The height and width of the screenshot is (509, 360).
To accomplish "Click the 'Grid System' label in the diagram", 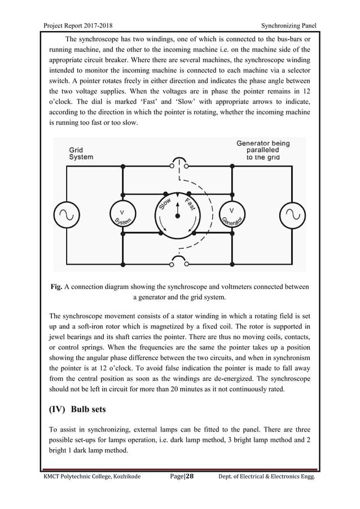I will tap(81, 153).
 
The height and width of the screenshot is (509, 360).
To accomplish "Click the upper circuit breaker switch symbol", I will tap(178, 163).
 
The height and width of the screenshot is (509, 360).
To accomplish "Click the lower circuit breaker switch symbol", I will tap(178, 262).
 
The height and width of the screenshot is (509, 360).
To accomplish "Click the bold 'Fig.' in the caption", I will tap(57, 286).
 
